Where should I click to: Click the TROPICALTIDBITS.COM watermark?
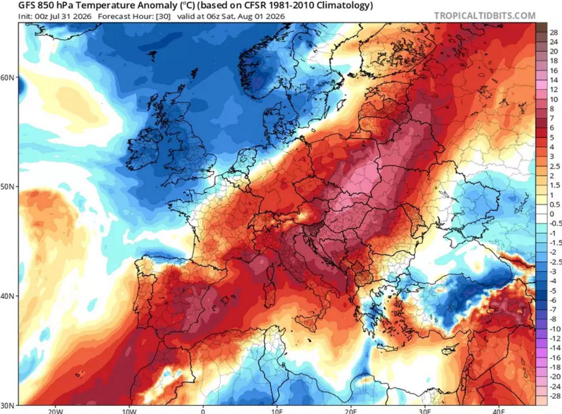[x=485, y=16]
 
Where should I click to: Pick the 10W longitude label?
[x=129, y=412]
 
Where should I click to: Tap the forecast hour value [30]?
[x=163, y=16]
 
